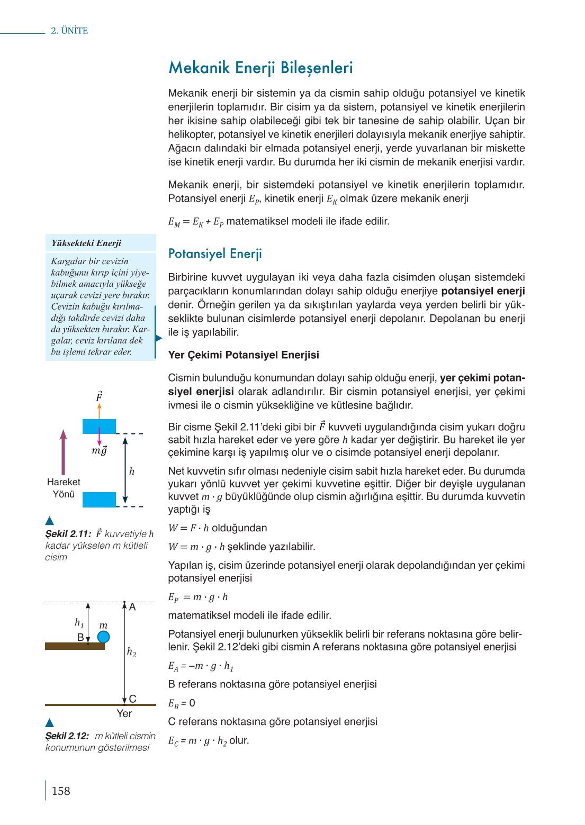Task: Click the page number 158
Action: coord(61,791)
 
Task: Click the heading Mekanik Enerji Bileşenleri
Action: coord(260,68)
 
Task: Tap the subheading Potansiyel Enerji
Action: coord(215,253)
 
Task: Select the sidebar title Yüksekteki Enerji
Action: coord(86,243)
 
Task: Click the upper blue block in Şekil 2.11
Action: coord(99,426)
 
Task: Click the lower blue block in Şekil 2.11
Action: coord(99,500)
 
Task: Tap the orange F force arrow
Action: coord(99,411)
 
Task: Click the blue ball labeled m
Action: coord(103,637)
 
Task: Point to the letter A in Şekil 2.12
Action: coord(132,607)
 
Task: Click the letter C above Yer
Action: coord(132,699)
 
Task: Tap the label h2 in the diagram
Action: coord(132,652)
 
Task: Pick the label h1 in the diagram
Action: coord(79,623)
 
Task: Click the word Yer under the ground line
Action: coord(124,714)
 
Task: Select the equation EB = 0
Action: coord(182,703)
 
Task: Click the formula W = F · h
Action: coord(188,528)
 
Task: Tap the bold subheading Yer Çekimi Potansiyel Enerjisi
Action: coord(244,355)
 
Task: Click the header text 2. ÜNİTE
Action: coord(69,31)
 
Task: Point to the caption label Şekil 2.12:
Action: coord(67,736)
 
